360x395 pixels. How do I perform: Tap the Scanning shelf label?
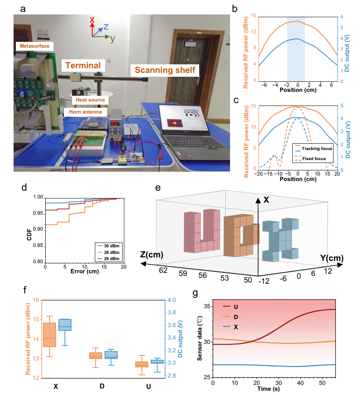click(x=165, y=70)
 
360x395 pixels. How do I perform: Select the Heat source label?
click(x=90, y=100)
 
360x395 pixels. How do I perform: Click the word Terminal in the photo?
click(x=83, y=65)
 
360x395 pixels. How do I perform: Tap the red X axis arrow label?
click(x=92, y=19)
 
